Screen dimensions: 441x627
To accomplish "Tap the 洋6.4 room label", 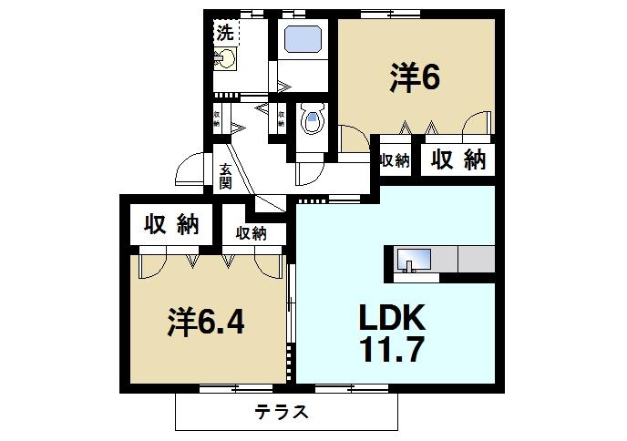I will (205, 323).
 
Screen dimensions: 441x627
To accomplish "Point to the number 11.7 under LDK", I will (391, 350).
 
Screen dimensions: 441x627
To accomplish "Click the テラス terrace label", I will (282, 412).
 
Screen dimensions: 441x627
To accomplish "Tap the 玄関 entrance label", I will (225, 175).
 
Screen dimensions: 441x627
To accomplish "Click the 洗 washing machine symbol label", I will (224, 33).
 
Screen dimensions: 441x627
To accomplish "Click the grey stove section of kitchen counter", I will (476, 259).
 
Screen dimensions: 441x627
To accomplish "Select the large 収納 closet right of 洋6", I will (457, 159).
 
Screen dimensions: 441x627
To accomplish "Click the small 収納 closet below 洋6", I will (394, 160).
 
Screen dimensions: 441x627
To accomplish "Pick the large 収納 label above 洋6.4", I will (170, 225).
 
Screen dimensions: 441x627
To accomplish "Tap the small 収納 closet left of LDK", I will (252, 233).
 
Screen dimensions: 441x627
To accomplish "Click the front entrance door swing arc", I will (190, 170).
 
